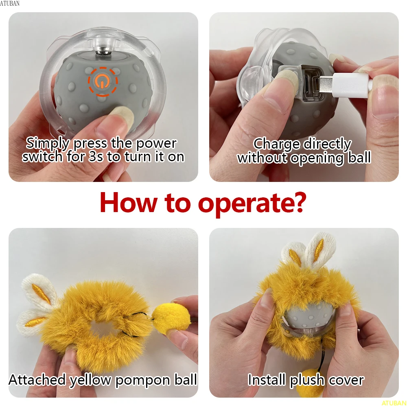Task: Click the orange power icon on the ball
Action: click(x=103, y=82)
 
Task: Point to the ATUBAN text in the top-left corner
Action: click(x=10, y=3)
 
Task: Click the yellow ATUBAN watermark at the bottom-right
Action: click(x=394, y=403)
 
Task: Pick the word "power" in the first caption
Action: click(x=156, y=143)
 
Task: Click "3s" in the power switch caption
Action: click(x=96, y=157)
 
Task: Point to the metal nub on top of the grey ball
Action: click(x=103, y=52)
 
